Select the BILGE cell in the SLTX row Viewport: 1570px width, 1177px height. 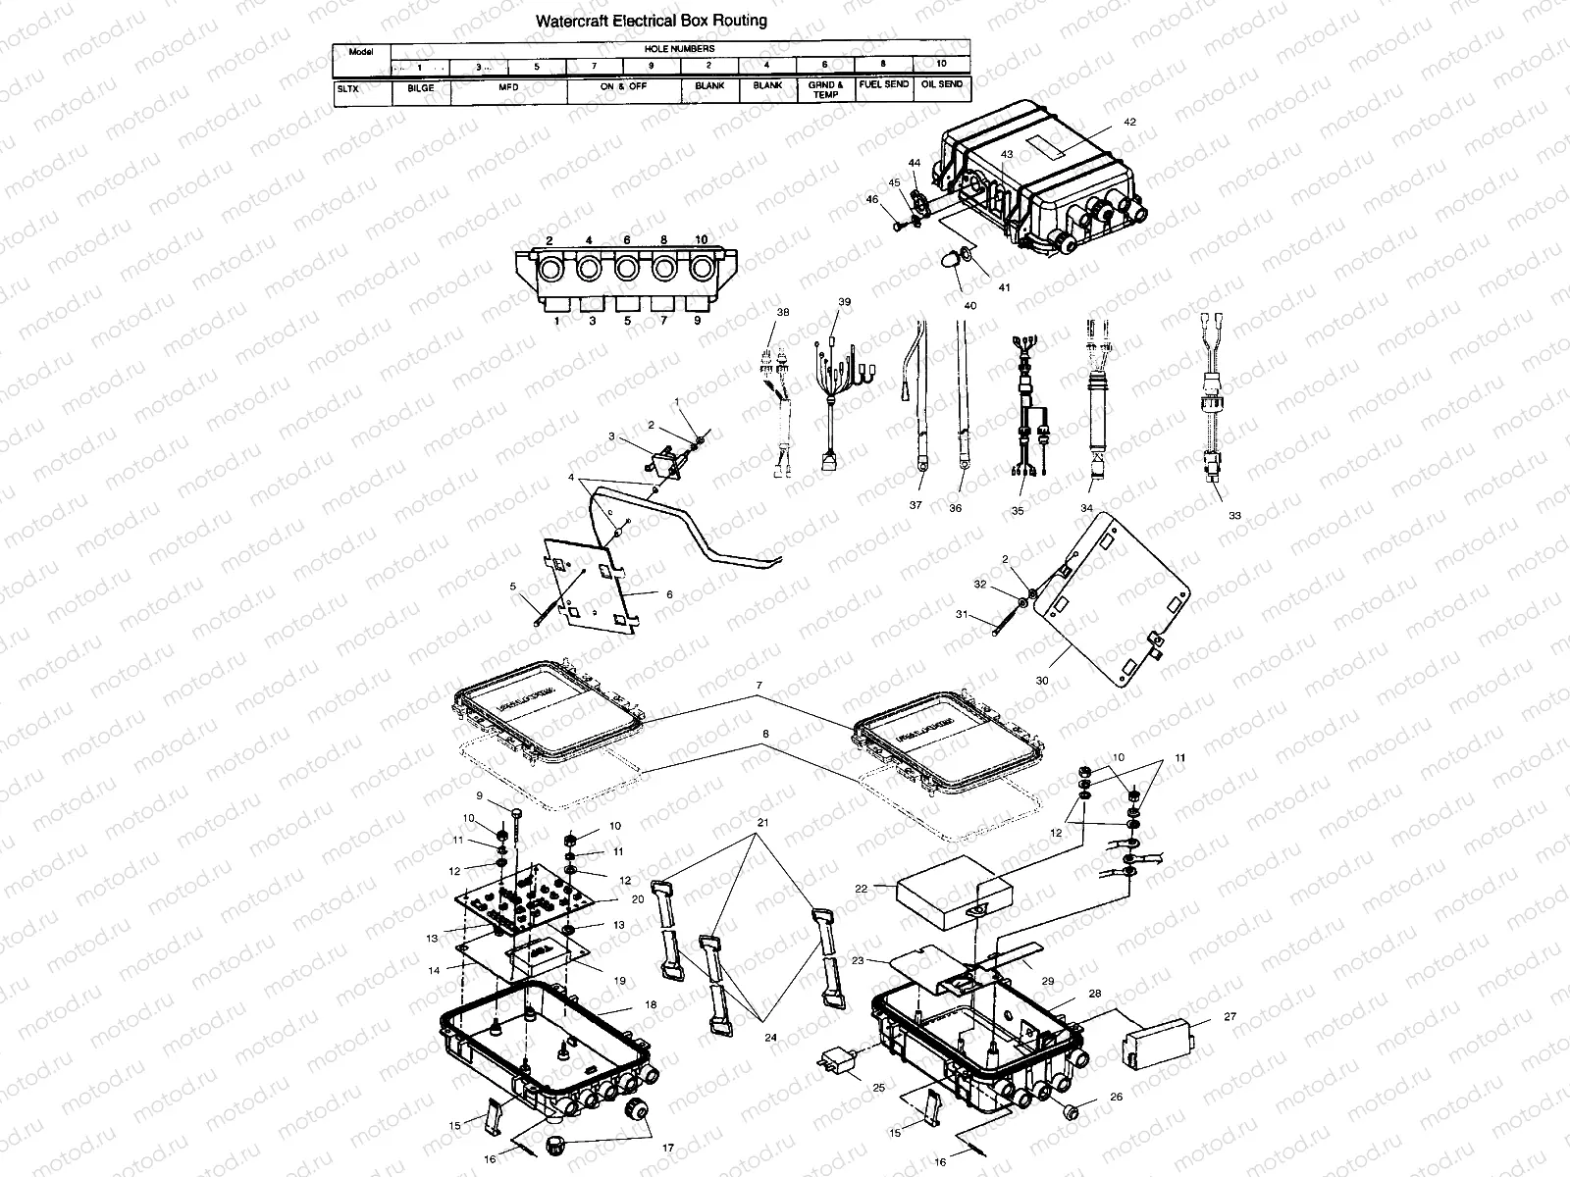pos(420,86)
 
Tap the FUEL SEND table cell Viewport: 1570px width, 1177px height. pos(883,85)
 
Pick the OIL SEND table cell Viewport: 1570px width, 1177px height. pos(941,85)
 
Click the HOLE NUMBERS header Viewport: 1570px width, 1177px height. pos(679,48)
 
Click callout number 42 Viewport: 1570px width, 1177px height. pos(1129,123)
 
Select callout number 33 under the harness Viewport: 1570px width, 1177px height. pos(1234,515)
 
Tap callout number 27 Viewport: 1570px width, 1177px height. pos(1230,1018)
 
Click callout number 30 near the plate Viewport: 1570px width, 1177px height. pos(1041,680)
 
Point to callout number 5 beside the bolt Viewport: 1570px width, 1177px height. pos(512,587)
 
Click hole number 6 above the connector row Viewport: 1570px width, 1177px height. pos(626,240)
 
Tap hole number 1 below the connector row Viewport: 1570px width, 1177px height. pos(555,320)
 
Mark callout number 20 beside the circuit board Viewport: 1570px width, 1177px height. pos(637,899)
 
